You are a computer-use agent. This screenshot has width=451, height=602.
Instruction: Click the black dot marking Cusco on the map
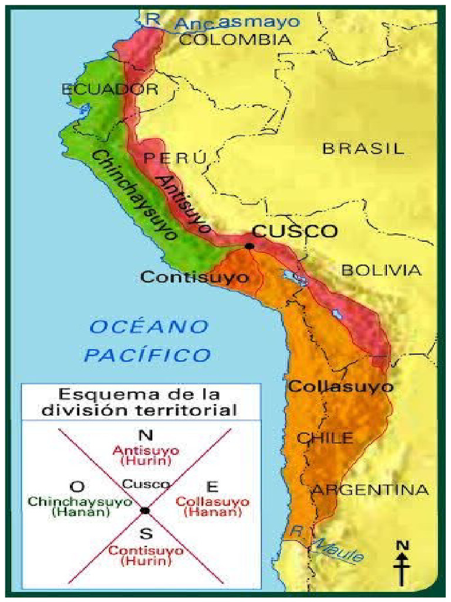click(x=250, y=246)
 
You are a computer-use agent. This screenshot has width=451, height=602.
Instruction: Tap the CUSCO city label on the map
click(x=295, y=231)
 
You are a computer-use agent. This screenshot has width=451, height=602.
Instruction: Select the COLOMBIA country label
click(x=234, y=39)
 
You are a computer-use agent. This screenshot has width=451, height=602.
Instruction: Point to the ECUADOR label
click(x=110, y=89)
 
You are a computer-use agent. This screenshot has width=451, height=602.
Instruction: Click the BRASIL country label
click(x=363, y=148)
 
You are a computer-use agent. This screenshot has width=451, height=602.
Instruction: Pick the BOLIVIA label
click(x=381, y=270)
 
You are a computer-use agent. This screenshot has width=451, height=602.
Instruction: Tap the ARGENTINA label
click(x=369, y=490)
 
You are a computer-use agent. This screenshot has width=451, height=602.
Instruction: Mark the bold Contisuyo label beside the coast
click(x=194, y=277)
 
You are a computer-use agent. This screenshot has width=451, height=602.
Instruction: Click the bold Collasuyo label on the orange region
click(x=341, y=387)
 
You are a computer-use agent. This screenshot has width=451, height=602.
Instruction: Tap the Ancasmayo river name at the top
click(x=238, y=23)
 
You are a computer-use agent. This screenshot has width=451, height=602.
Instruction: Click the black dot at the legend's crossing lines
click(x=145, y=511)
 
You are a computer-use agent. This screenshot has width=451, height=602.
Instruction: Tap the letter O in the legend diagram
click(x=75, y=486)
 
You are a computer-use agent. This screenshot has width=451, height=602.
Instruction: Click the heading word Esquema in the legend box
click(x=92, y=393)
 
